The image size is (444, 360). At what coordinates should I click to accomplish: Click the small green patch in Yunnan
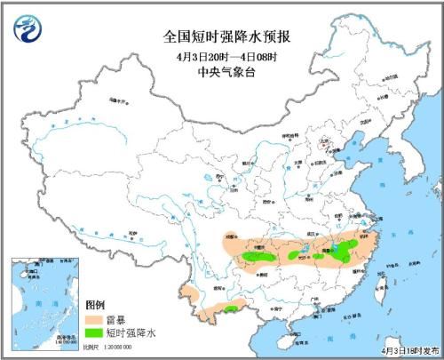[x=230, y=308]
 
